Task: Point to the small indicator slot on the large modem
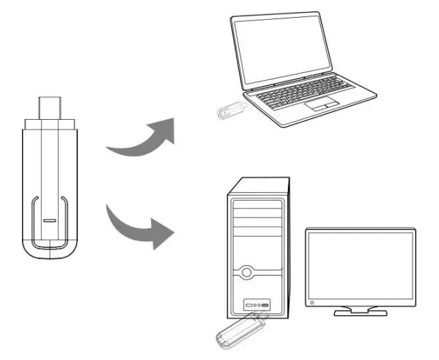(x=48, y=220)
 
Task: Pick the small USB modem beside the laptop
(x=232, y=111)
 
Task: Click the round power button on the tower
(x=246, y=271)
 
